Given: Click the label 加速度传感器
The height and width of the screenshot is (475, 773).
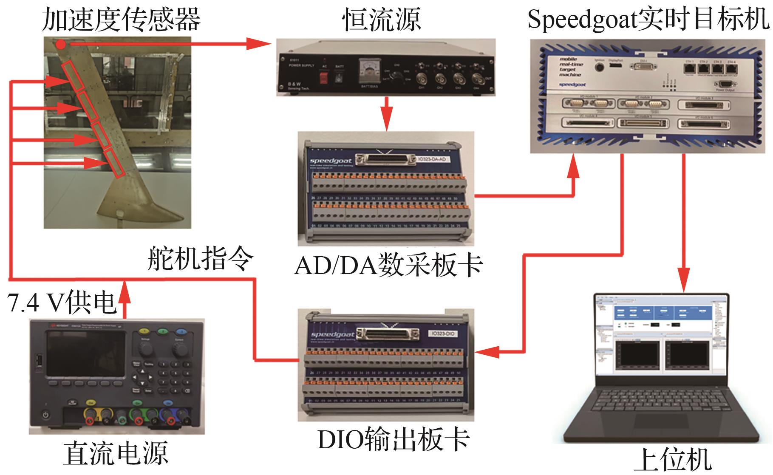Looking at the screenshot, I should [x=121, y=19].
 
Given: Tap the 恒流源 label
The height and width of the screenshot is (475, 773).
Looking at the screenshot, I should [x=382, y=19].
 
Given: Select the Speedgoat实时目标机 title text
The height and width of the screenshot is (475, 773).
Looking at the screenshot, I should [x=648, y=19].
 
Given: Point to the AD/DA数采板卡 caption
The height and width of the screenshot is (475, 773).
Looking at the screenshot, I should [x=388, y=265].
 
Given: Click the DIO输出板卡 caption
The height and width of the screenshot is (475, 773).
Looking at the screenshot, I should [x=393, y=440].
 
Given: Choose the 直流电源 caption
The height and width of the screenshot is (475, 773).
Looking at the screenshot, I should [x=116, y=453].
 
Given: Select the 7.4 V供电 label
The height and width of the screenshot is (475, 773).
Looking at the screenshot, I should [x=62, y=303].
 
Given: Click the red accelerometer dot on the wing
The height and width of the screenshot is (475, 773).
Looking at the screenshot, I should [x=62, y=44].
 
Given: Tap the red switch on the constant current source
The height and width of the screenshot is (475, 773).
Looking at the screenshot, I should [x=324, y=78].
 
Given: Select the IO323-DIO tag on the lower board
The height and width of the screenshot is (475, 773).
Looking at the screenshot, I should [x=442, y=334].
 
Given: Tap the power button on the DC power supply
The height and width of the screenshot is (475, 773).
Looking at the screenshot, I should [x=45, y=415].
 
